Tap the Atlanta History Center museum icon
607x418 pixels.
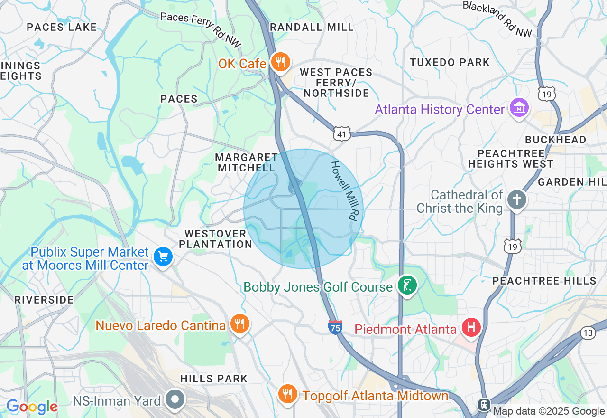519,108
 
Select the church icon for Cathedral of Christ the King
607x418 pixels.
516,200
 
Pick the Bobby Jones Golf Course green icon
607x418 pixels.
407,285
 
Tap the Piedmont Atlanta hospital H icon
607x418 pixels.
471,327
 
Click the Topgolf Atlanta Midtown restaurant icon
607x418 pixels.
287,394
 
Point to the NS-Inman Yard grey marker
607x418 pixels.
175,399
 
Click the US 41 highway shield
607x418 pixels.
342,134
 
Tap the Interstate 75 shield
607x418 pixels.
335,327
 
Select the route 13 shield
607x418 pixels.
588,333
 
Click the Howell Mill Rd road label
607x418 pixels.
343,190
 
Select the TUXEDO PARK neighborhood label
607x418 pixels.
450,62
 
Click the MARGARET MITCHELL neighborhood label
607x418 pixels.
246,162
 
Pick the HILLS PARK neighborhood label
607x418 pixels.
214,379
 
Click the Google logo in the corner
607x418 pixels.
32,407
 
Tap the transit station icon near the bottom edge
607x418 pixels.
484,404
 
